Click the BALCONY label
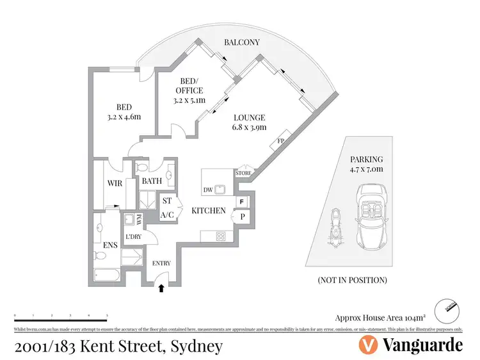coord(241,42)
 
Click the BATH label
coord(152,181)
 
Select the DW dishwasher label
coord(207,190)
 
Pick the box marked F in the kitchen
coord(242,202)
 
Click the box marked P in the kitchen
coord(243,217)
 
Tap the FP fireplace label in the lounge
coord(280,142)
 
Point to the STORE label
coord(243,172)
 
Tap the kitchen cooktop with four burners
coord(221,236)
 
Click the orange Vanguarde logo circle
coord(367,345)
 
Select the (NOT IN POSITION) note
coord(352,281)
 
